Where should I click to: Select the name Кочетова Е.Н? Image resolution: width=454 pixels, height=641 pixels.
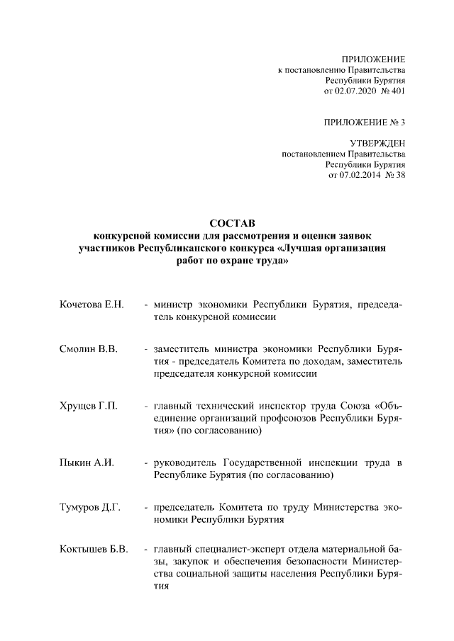(92, 305)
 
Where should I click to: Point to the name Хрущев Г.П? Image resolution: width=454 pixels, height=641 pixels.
(89, 406)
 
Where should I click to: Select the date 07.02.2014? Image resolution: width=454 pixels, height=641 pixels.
(357, 176)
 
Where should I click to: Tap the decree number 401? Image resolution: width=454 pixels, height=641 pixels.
(398, 91)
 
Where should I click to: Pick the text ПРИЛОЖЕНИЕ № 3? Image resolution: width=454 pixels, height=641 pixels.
(365, 122)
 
